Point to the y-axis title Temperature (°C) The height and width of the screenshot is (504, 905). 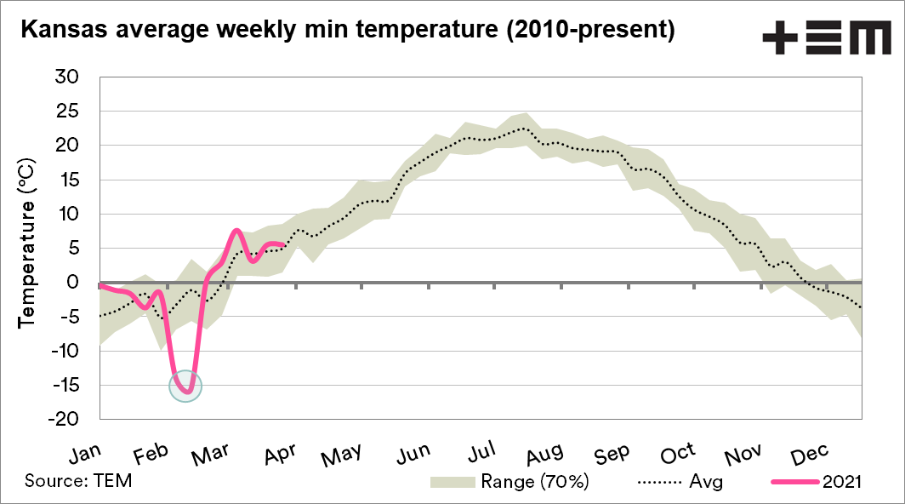pyautogui.click(x=26, y=241)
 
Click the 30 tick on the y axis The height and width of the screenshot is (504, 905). pyautogui.click(x=66, y=77)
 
